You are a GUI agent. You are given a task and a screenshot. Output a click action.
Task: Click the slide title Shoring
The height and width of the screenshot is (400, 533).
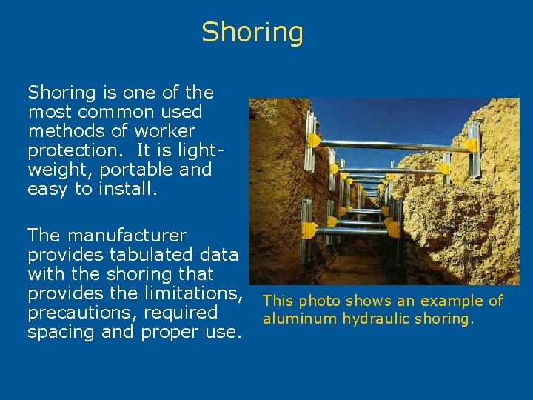252,33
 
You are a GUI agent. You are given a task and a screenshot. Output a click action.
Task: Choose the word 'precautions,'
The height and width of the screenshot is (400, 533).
80,313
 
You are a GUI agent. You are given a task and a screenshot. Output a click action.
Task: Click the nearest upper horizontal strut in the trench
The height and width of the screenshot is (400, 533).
392,144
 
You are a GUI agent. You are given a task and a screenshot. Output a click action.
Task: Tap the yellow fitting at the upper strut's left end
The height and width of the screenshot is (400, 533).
314,140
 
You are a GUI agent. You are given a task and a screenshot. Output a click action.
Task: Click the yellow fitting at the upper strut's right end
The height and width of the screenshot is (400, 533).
472,146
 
